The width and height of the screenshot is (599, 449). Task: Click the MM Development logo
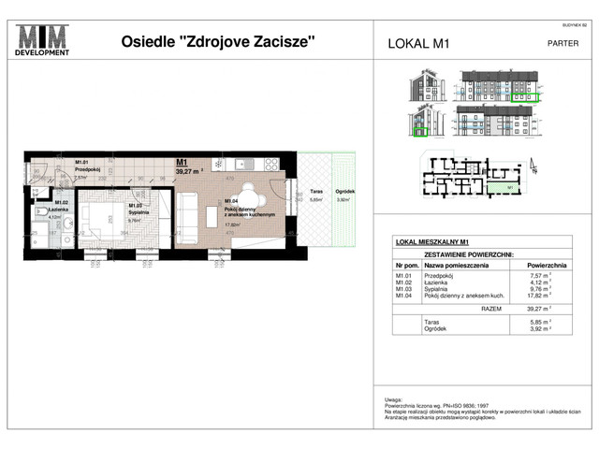(x=42, y=41)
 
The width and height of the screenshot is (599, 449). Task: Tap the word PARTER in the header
(x=562, y=42)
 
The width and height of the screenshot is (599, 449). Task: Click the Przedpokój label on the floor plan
(x=87, y=168)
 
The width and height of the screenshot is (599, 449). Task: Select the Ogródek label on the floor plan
(x=345, y=193)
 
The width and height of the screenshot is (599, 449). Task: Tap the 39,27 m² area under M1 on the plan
(x=190, y=171)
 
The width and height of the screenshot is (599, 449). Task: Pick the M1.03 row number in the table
(x=405, y=289)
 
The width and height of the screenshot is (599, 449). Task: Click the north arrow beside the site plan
(x=534, y=169)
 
